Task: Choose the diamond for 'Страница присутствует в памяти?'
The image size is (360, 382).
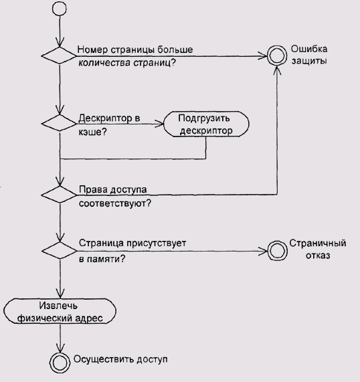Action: pyautogui.click(x=60, y=250)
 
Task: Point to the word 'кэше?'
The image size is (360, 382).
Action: pyautogui.click(x=92, y=132)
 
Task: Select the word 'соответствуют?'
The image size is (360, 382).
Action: pyautogui.click(x=115, y=203)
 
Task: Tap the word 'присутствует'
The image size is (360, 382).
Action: pyautogui.click(x=156, y=243)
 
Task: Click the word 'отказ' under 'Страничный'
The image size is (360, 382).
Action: pyautogui.click(x=318, y=256)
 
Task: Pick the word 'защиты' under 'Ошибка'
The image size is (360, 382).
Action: pyautogui.click(x=309, y=61)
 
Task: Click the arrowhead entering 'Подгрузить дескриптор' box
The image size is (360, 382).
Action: pyautogui.click(x=160, y=124)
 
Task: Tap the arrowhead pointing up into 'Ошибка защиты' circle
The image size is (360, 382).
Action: pyautogui.click(x=277, y=70)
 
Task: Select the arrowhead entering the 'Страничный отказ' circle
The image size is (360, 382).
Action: pyautogui.click(x=263, y=251)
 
